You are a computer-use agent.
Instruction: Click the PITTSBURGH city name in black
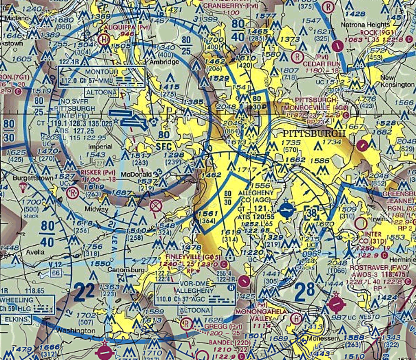[x=314, y=134]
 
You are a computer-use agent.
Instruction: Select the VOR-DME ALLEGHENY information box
[x=195, y=294]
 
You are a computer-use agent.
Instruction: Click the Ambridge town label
[x=164, y=62]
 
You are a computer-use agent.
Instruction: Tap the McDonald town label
[x=136, y=174]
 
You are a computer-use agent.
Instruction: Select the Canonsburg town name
[x=126, y=270]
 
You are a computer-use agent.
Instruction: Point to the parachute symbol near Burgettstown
[x=23, y=187]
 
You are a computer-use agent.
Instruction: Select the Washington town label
[x=76, y=330]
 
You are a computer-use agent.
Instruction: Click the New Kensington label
[x=397, y=81]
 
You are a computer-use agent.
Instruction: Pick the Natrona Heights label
[x=365, y=25]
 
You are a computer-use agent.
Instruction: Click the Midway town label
[x=96, y=209]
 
